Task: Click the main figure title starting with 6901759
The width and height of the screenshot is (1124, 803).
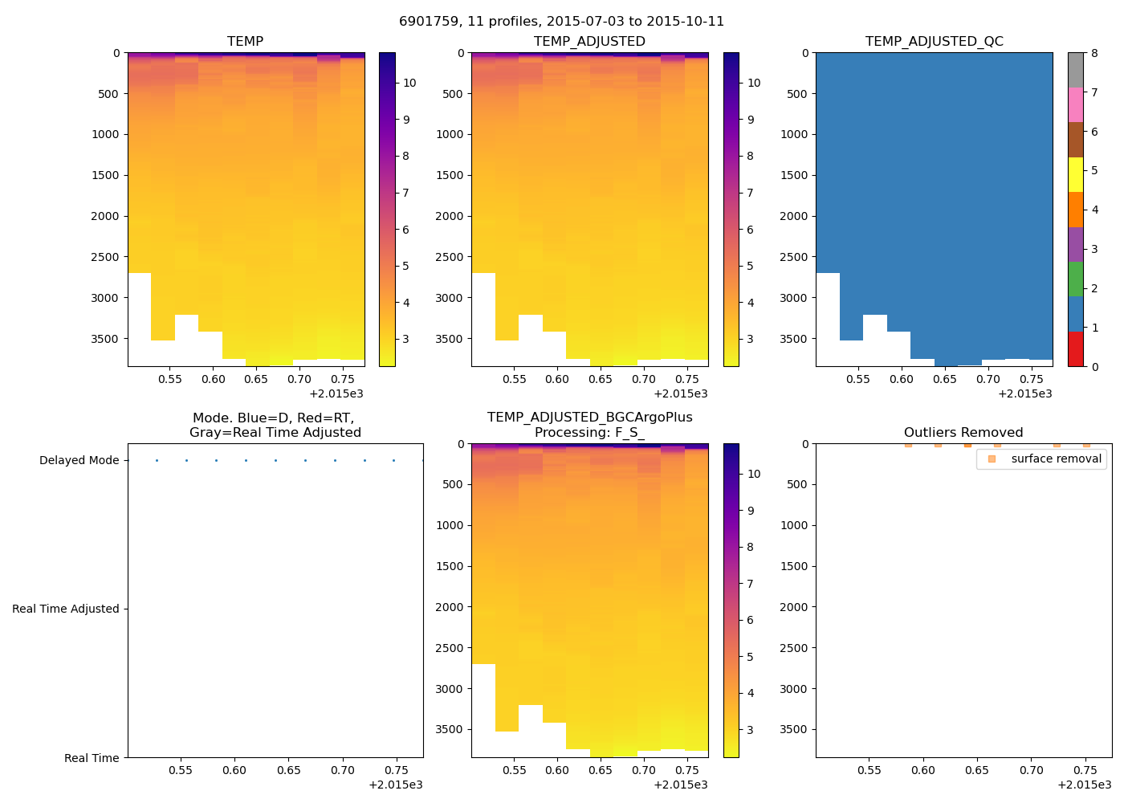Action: point(561,22)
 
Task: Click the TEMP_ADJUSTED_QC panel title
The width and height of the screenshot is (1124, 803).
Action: point(934,42)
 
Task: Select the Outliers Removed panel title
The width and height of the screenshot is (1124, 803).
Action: point(963,433)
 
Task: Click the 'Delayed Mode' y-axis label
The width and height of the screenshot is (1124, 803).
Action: point(79,460)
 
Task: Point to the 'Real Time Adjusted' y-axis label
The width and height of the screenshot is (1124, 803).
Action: point(66,609)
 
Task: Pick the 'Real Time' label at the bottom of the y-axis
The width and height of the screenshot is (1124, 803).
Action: point(92,758)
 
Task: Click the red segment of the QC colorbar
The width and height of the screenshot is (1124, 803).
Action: point(1076,349)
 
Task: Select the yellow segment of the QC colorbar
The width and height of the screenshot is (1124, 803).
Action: point(1076,175)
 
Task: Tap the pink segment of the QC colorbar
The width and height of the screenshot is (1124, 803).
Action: point(1076,105)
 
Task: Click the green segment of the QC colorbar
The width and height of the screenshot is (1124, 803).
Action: point(1076,279)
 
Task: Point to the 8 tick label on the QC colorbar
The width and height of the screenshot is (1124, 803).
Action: point(1094,53)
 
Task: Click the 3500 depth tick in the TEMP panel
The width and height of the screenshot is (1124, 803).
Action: point(105,339)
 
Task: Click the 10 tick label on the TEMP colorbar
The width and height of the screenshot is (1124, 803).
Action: point(409,83)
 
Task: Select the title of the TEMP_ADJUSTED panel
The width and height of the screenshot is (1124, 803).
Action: point(589,42)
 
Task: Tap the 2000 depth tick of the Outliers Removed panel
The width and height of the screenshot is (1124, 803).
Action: point(793,607)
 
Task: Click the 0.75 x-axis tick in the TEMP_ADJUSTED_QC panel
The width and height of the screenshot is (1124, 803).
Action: point(1031,380)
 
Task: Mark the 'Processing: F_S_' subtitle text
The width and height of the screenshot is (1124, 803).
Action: point(589,433)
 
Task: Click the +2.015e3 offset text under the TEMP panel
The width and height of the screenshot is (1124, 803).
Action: point(336,394)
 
